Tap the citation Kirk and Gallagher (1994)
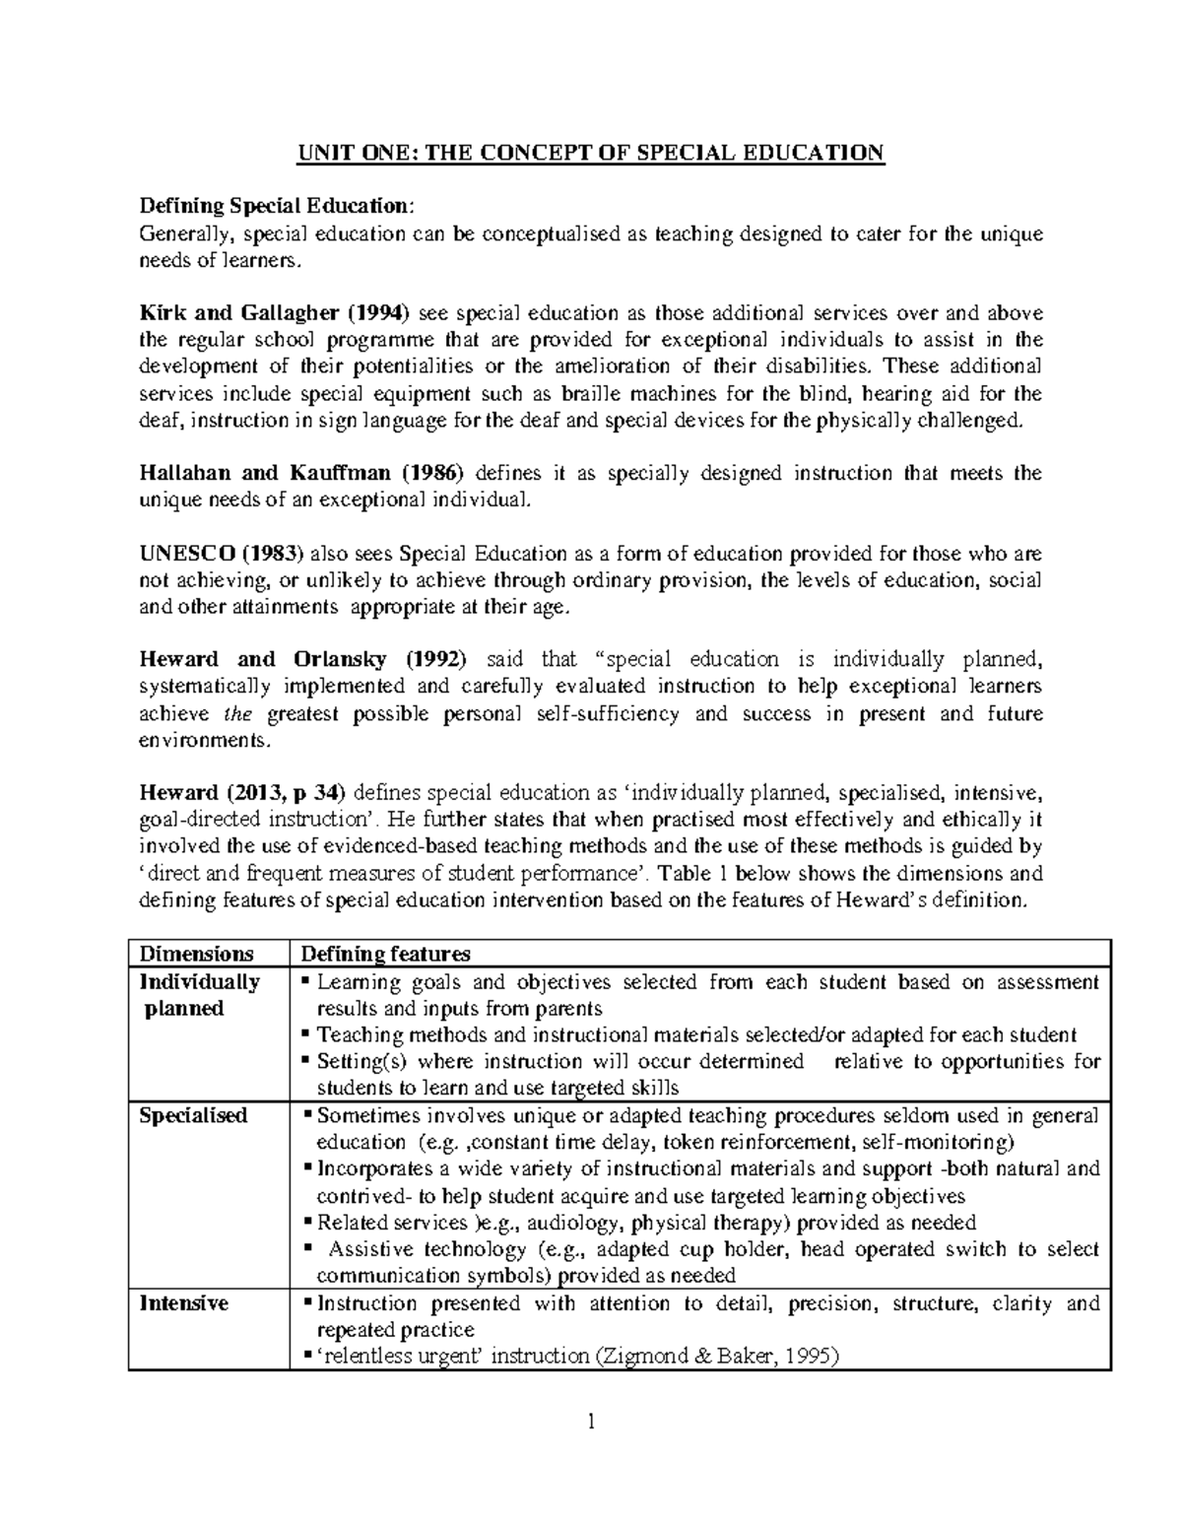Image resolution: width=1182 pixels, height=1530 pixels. tap(275, 313)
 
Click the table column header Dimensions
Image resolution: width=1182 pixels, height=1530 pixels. tap(197, 954)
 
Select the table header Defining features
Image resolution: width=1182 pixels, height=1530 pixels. tap(385, 954)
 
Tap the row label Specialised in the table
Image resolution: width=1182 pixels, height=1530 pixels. tap(193, 1116)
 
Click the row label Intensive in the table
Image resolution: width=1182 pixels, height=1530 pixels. tap(184, 1303)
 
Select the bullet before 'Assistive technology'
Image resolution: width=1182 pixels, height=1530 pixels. tap(309, 1249)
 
